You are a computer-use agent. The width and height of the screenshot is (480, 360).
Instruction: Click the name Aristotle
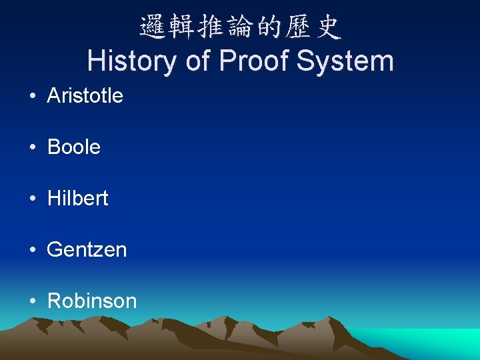click(x=85, y=96)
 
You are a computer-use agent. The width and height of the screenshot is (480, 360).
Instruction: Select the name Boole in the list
click(x=73, y=147)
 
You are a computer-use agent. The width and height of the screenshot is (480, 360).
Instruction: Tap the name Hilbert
click(x=77, y=199)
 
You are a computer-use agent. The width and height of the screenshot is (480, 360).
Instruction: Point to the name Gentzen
click(x=87, y=250)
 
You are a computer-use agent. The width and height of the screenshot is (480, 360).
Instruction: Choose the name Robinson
click(x=92, y=301)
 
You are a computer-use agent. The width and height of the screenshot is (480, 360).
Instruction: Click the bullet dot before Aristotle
click(x=33, y=97)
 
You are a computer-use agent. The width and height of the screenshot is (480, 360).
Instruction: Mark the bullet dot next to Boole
click(x=33, y=148)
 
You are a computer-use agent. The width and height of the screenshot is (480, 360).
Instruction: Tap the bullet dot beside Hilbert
click(x=33, y=199)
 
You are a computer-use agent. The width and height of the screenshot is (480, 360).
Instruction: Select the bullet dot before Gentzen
click(x=33, y=251)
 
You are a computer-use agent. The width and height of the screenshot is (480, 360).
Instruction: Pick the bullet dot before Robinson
click(x=33, y=302)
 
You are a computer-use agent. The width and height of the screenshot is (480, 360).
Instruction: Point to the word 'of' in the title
click(x=198, y=61)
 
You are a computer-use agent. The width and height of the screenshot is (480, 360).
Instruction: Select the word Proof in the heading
click(x=253, y=61)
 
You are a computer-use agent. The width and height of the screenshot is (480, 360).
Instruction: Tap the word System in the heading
click(x=345, y=61)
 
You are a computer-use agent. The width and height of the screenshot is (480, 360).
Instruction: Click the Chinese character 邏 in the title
click(x=153, y=27)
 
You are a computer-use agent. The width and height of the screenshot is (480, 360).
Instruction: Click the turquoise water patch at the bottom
click(x=427, y=343)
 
